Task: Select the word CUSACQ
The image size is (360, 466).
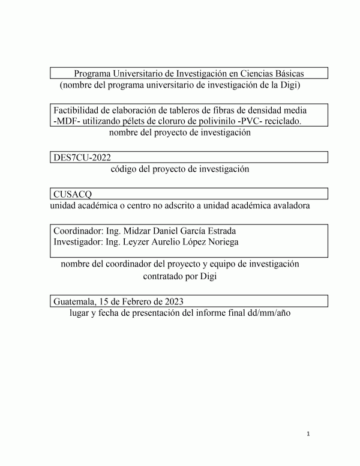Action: (x=73, y=194)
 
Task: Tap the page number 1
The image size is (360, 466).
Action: (x=308, y=434)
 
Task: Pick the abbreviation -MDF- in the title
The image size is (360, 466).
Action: (x=67, y=121)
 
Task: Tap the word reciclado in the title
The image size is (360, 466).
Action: (x=282, y=121)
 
